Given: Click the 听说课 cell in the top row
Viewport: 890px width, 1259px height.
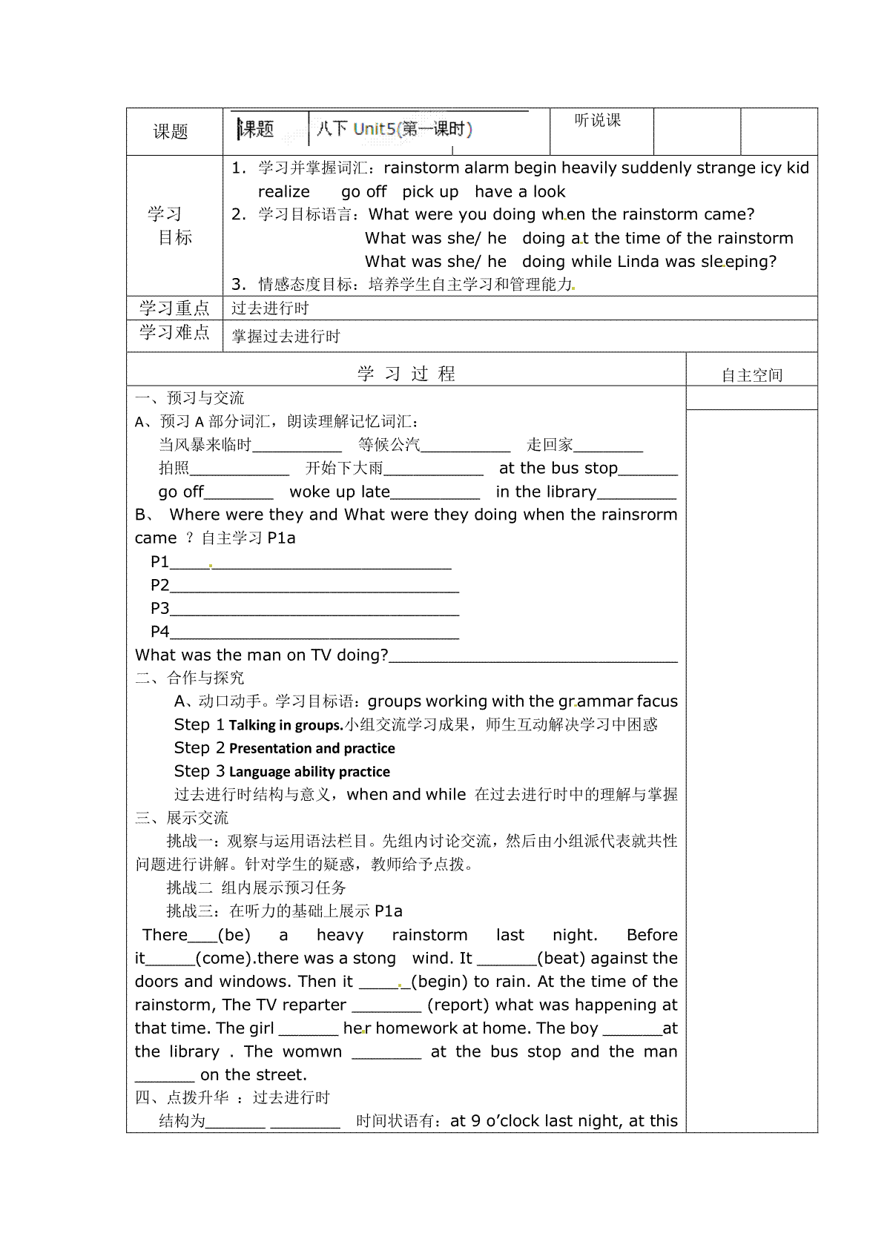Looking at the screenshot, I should tap(597, 120).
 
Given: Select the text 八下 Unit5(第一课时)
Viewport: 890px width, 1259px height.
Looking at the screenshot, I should tap(394, 129).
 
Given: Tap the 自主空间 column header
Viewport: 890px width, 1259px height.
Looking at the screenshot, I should tap(751, 375).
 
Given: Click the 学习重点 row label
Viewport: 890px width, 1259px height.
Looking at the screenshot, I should tap(174, 308).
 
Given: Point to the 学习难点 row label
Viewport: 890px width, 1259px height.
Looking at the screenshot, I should tap(174, 332).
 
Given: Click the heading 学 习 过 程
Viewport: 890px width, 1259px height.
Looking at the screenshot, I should tap(406, 374).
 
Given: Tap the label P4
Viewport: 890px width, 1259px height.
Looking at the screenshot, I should tap(159, 632).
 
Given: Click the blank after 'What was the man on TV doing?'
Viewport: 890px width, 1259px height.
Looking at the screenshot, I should tap(533, 657).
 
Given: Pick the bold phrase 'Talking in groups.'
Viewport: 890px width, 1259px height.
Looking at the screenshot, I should tap(286, 725).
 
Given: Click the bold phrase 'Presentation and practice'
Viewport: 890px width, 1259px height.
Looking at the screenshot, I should tap(311, 748).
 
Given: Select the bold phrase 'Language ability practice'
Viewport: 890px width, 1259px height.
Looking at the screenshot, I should tap(309, 772).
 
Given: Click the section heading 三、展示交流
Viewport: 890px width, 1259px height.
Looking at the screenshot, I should tap(182, 818).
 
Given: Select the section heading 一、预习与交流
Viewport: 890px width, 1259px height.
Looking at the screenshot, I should tap(189, 398).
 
